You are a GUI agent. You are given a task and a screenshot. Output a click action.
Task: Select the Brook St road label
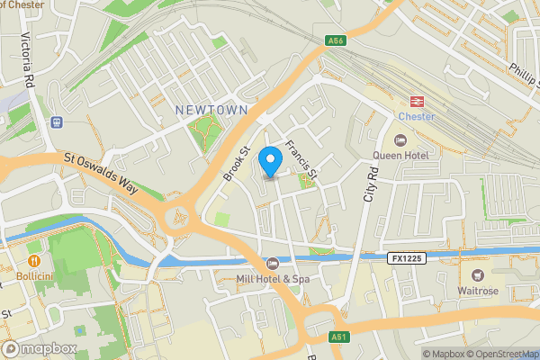236,162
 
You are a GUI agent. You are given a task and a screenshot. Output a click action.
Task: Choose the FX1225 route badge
406,258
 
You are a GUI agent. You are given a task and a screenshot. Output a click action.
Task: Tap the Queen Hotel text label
401,154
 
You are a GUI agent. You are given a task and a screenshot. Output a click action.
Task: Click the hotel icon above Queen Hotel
400,139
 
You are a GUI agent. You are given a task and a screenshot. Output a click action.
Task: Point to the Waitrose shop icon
477,274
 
